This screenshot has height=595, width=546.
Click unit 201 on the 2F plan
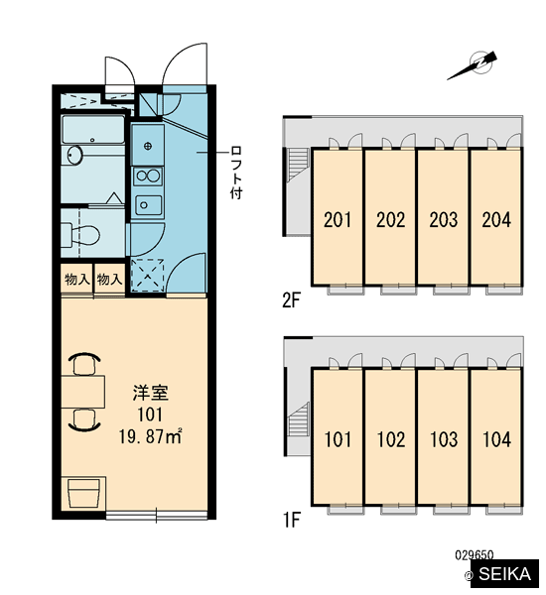[337, 216]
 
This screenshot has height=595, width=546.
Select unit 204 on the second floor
[495, 216]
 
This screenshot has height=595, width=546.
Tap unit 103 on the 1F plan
[443, 437]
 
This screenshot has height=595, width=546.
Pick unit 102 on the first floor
[390, 437]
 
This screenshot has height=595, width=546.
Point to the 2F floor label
[292, 300]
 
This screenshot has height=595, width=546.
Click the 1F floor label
[292, 521]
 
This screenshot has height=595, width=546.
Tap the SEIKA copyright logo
[501, 574]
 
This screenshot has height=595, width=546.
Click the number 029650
[475, 555]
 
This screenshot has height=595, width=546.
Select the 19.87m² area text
[151, 436]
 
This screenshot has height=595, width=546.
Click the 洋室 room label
[151, 393]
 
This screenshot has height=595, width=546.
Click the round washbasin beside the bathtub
[74, 156]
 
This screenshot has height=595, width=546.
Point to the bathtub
[93, 130]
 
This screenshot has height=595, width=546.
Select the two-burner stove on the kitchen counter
[148, 177]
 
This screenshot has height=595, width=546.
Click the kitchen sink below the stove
[148, 205]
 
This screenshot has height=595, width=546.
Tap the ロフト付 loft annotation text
[236, 173]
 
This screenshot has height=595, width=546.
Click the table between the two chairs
[82, 392]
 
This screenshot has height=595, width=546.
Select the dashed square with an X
[148, 275]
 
